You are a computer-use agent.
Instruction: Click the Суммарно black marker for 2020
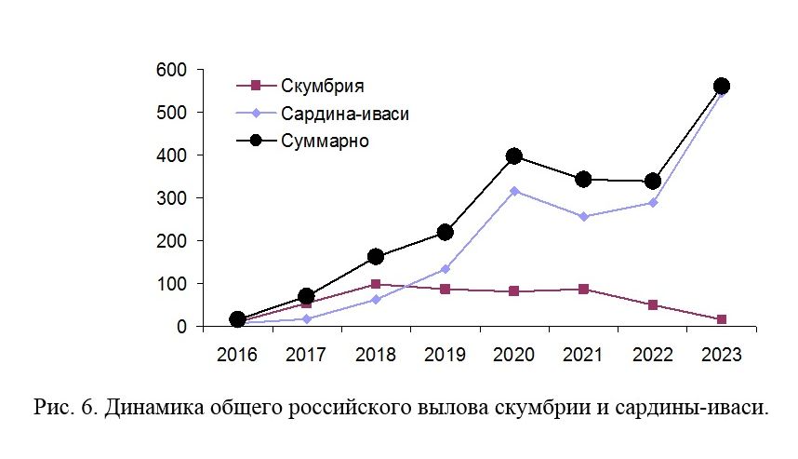513,156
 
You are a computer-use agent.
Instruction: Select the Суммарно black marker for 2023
721,87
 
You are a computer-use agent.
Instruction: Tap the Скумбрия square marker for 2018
375,284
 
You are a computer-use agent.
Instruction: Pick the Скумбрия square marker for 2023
721,319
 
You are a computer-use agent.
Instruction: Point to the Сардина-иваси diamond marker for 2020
513,191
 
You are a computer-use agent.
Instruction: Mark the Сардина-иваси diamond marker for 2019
445,269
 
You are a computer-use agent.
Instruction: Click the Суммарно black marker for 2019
445,232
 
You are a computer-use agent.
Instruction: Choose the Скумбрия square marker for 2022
652,304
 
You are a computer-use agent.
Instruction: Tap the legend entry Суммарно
326,142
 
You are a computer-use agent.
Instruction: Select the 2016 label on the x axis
237,355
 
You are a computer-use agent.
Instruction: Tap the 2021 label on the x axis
583,355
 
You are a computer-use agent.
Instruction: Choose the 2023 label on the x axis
721,355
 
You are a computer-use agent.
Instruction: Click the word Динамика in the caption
145,408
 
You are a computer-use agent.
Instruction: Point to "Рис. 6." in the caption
62,408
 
